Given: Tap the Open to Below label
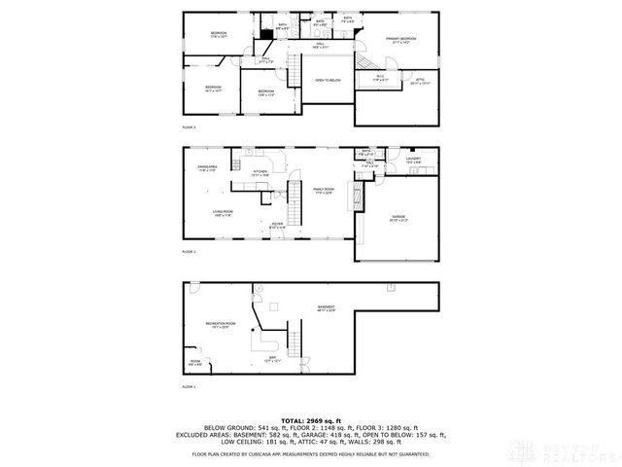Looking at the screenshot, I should [x=328, y=80].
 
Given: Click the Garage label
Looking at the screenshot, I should [x=398, y=217].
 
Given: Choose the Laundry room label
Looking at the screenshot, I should [x=412, y=159].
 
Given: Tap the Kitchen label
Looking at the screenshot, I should [x=260, y=173].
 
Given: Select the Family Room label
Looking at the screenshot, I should [x=324, y=191].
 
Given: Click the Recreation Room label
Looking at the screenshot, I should [x=219, y=324].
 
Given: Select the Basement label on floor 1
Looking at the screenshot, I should [x=326, y=308].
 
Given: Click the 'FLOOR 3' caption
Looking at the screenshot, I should [x=189, y=126].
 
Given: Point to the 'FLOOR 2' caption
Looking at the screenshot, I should [x=189, y=251].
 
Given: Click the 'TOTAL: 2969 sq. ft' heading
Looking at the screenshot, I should [x=310, y=420].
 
